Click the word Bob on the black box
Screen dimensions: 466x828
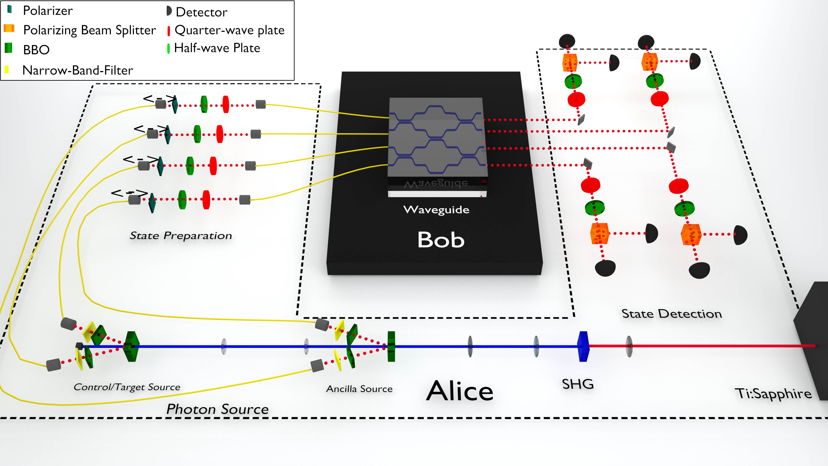pyautogui.click(x=441, y=240)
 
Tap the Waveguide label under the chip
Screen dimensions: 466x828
pyautogui.click(x=436, y=210)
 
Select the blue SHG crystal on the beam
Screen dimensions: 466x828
pyautogui.click(x=583, y=346)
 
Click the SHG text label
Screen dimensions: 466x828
pyautogui.click(x=578, y=384)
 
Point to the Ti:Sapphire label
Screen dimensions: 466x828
pyautogui.click(x=773, y=393)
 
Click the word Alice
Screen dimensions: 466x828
pyautogui.click(x=460, y=391)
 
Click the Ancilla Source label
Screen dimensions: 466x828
pyautogui.click(x=359, y=389)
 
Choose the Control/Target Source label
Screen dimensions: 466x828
pyautogui.click(x=127, y=387)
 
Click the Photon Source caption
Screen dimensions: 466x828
pyautogui.click(x=217, y=409)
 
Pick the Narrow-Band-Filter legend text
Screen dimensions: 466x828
pyautogui.click(x=77, y=70)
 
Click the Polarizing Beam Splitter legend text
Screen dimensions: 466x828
pyautogui.click(x=89, y=30)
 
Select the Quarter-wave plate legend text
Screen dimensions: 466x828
pyautogui.click(x=229, y=30)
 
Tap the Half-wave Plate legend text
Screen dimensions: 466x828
pyautogui.click(x=217, y=48)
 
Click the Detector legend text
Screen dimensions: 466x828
pyautogui.click(x=202, y=12)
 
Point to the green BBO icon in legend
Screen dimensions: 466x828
pyautogui.click(x=9, y=48)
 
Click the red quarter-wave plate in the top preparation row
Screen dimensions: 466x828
pyautogui.click(x=226, y=104)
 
